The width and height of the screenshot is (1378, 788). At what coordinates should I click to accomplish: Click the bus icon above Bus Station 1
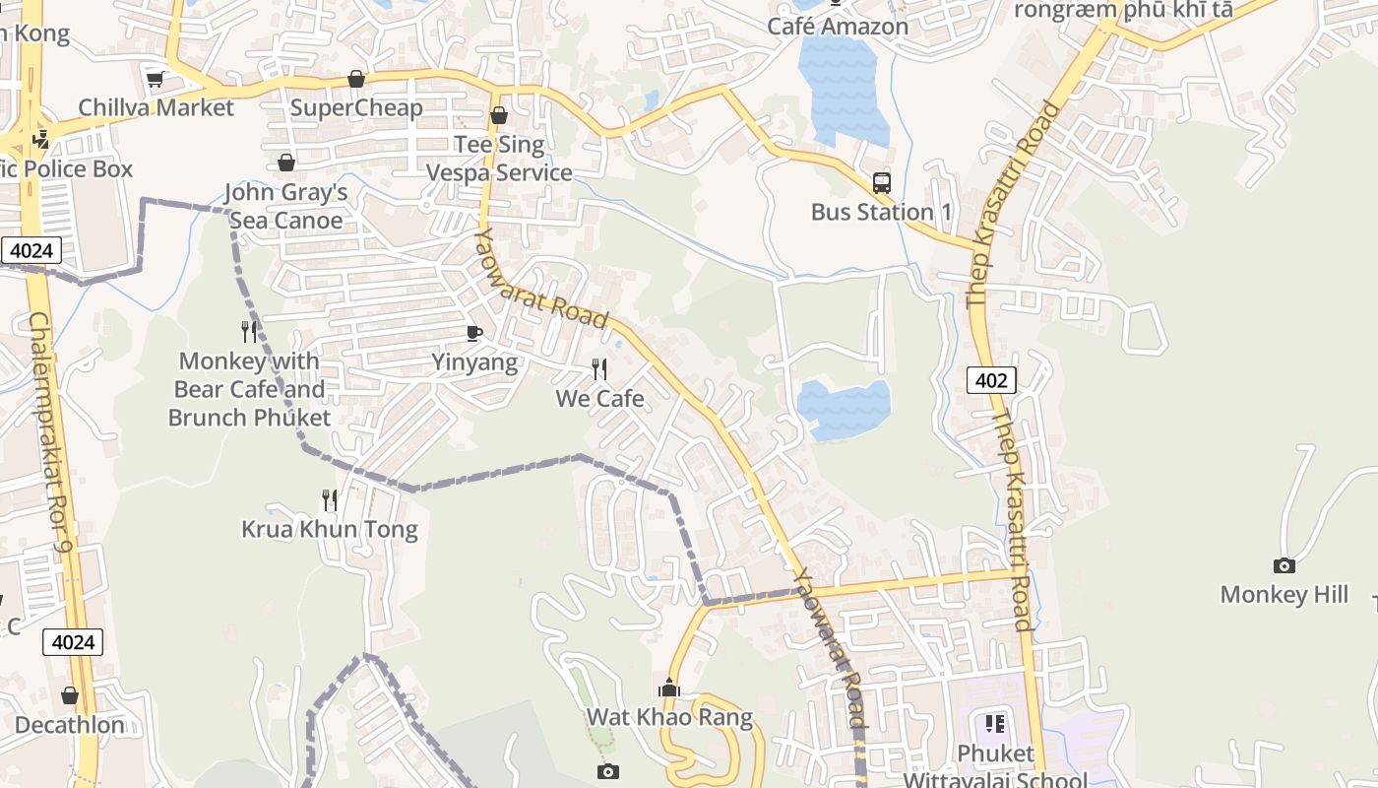pyautogui.click(x=881, y=182)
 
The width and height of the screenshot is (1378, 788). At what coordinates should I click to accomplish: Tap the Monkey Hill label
pyautogui.click(x=1284, y=594)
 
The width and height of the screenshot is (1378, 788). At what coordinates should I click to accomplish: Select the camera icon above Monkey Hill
pyautogui.click(x=1284, y=565)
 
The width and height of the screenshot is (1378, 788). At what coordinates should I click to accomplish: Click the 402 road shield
pyautogui.click(x=990, y=380)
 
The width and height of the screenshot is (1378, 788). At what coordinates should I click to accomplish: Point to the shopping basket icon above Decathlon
pyautogui.click(x=69, y=695)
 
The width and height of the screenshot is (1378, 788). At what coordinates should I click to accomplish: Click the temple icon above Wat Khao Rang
pyautogui.click(x=669, y=688)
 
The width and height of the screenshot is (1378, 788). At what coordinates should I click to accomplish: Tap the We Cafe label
pyautogui.click(x=599, y=398)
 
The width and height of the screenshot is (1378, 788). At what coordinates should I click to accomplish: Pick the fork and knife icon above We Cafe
pyautogui.click(x=598, y=369)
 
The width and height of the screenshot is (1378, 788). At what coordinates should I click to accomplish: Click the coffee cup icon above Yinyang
pyautogui.click(x=474, y=333)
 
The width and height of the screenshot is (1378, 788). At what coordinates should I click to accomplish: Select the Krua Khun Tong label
pyautogui.click(x=330, y=530)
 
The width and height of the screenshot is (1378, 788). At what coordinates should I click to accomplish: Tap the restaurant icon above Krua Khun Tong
pyautogui.click(x=330, y=500)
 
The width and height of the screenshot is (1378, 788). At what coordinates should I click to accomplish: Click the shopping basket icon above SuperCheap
pyautogui.click(x=356, y=79)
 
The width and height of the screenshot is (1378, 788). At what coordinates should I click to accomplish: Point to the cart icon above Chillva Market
pyautogui.click(x=155, y=79)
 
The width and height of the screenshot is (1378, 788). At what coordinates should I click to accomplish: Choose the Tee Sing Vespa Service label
pyautogui.click(x=499, y=159)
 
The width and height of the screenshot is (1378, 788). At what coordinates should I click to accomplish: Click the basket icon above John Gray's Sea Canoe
pyautogui.click(x=285, y=163)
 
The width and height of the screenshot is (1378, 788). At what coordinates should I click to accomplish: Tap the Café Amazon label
pyautogui.click(x=837, y=27)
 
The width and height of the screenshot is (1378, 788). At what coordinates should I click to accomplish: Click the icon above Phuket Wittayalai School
pyautogui.click(x=995, y=725)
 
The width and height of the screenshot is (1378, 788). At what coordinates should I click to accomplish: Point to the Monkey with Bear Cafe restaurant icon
pyautogui.click(x=249, y=332)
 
